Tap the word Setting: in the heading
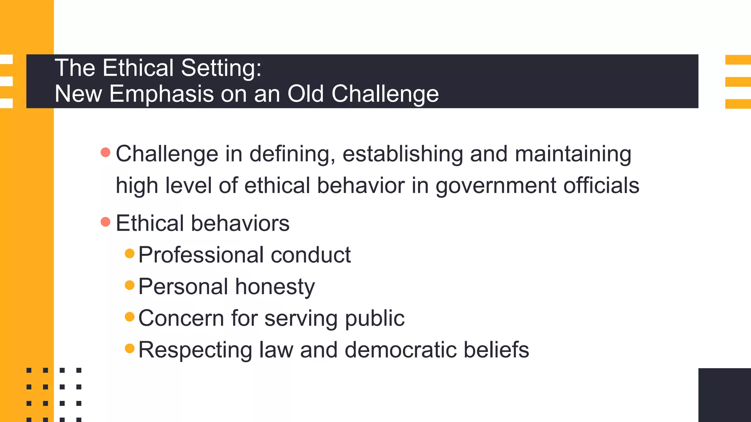click(x=221, y=69)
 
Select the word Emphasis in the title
click(x=161, y=94)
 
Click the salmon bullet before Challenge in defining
click(x=106, y=152)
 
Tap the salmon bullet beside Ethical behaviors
click(x=106, y=222)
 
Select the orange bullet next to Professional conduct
click(x=130, y=253)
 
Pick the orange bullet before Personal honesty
click(x=130, y=285)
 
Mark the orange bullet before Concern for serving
click(x=130, y=316)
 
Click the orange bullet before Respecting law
click(x=130, y=348)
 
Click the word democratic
click(x=401, y=350)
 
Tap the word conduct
click(x=311, y=255)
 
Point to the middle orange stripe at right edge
click(x=738, y=82)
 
